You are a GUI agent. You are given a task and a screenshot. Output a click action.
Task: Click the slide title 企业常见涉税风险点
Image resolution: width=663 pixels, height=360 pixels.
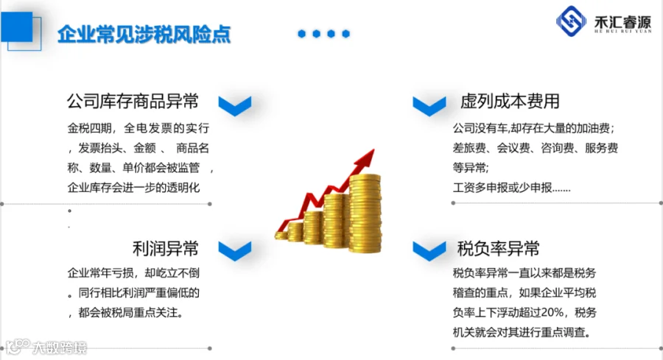(x=144, y=34)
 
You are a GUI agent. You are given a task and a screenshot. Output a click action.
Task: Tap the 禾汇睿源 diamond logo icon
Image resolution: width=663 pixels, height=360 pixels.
(x=571, y=21)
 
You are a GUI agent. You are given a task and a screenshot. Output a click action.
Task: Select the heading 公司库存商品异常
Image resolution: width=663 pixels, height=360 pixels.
(x=133, y=102)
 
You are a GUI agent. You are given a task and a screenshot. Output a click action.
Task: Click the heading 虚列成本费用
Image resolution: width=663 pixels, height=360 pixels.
(x=510, y=102)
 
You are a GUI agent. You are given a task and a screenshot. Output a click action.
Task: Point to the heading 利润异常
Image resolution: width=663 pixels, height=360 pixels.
(x=165, y=248)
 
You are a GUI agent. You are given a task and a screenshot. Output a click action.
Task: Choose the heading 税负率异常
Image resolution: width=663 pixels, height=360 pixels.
(x=499, y=248)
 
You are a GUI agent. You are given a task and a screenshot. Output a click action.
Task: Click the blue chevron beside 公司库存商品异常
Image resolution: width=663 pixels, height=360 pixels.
(x=235, y=105)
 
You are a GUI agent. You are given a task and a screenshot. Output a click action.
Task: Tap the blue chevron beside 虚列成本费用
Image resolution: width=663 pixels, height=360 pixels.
(x=429, y=105)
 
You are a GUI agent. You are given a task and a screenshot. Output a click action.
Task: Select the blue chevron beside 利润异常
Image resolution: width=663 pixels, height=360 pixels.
(x=235, y=251)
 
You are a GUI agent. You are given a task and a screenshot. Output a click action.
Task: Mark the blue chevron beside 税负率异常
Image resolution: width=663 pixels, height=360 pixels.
(x=429, y=251)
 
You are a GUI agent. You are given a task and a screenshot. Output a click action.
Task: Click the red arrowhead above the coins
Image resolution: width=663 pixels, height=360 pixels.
(x=365, y=158)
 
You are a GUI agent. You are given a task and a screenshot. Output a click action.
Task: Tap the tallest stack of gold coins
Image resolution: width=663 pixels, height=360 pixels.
(x=365, y=213)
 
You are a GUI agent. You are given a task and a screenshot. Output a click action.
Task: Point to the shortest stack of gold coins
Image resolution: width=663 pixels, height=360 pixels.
(x=281, y=235)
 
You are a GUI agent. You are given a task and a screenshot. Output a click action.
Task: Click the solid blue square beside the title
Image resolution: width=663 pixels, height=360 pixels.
(x=16, y=27)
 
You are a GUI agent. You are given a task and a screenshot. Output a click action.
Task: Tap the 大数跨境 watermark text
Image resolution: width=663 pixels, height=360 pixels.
(x=60, y=347)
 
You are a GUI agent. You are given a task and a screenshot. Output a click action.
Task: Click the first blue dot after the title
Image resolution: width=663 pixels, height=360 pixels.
(x=301, y=34)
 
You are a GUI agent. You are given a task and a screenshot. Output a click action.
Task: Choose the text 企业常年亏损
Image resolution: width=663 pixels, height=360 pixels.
(x=101, y=273)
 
